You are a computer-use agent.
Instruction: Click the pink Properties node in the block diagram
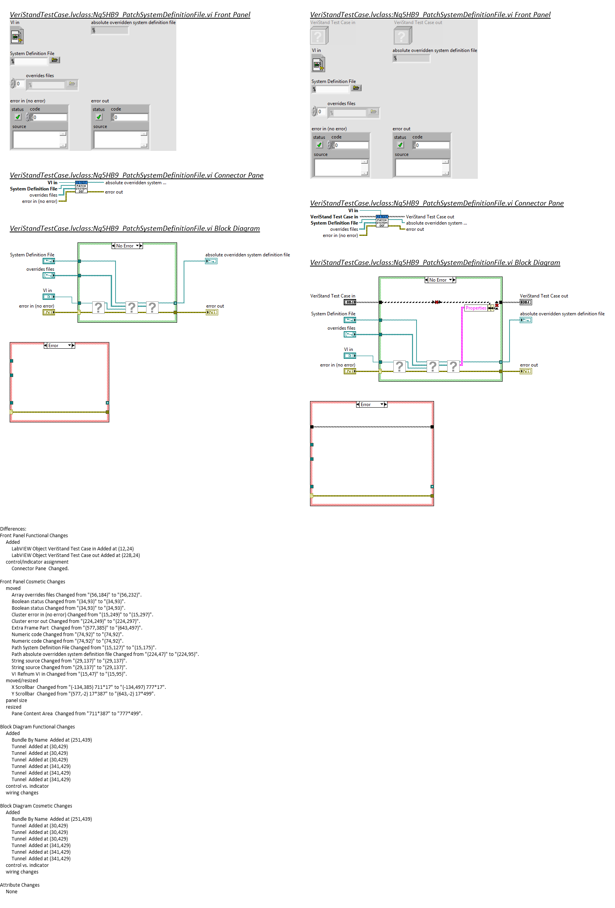click(x=475, y=308)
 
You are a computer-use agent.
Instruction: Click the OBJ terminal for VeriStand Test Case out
click(x=525, y=302)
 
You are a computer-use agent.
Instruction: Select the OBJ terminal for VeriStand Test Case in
click(x=350, y=302)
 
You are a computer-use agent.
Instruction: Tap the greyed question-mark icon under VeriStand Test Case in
click(x=319, y=36)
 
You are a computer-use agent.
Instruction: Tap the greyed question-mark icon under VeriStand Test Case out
click(x=402, y=36)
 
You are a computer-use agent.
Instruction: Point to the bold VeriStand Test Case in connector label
click(x=334, y=217)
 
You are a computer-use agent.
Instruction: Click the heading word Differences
click(x=13, y=529)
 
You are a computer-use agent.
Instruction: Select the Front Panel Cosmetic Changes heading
click(x=33, y=581)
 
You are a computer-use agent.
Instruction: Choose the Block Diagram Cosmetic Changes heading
click(x=36, y=806)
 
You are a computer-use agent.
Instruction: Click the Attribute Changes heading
click(x=19, y=885)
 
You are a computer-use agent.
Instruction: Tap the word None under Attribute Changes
click(x=11, y=892)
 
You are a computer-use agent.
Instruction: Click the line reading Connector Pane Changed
click(x=40, y=569)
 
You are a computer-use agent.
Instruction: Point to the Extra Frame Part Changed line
click(x=76, y=628)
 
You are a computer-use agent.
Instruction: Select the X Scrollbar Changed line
click(x=88, y=687)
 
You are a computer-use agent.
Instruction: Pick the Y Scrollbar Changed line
click(x=83, y=694)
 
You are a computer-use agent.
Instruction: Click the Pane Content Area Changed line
click(x=76, y=713)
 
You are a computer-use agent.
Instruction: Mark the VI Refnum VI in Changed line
click(x=69, y=674)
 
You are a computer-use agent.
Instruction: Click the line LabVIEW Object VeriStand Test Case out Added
click(x=75, y=555)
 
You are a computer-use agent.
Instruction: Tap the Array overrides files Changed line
click(x=76, y=595)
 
